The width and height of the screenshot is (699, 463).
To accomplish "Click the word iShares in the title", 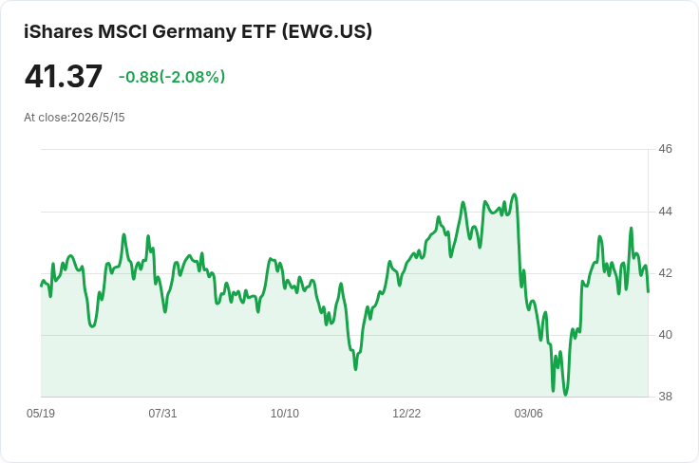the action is pos(58,31).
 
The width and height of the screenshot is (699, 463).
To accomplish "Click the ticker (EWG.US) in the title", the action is pos(327,31).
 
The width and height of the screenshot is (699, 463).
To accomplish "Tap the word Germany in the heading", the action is pos(194,32).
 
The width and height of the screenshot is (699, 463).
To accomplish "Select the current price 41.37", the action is pos(64,77).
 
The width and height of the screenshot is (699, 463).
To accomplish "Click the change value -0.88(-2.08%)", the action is pos(172,77).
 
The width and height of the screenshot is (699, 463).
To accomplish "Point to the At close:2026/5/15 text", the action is pos(74,118).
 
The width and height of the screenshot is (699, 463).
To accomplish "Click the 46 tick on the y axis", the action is pos(665,149).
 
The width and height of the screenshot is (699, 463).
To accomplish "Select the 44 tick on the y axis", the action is pos(665,211).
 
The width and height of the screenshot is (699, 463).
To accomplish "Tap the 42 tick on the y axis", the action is pos(665,273).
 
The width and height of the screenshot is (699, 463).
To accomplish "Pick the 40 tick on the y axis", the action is pos(665,335).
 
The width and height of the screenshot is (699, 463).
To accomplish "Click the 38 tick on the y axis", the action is pos(665,397).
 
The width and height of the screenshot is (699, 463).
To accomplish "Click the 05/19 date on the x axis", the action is pos(41,414).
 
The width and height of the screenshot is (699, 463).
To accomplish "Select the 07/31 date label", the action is pos(162,414).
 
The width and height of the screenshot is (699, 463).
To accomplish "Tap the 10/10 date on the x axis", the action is pos(285,414).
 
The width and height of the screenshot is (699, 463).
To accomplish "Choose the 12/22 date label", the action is pos(406,414).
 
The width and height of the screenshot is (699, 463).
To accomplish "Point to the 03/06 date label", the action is pos(529,414).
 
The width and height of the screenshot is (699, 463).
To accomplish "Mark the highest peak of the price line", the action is pos(515,194).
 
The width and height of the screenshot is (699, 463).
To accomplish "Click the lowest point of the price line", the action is pos(566,395).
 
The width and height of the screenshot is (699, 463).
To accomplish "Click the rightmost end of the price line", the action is pos(648,292).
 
